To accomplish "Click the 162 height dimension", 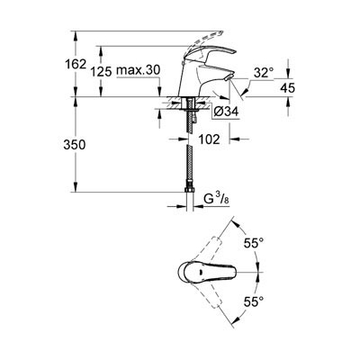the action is pyautogui.click(x=76, y=64).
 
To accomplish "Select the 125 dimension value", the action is pyautogui.click(x=101, y=71).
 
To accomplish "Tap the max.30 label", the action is pyautogui.click(x=139, y=70).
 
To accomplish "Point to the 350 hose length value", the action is pyautogui.click(x=75, y=145).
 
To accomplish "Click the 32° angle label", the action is pyautogui.click(x=264, y=73).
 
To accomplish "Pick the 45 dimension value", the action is pyautogui.click(x=288, y=88).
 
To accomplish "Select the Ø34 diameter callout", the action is pyautogui.click(x=227, y=112).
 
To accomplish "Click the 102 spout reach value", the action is pyautogui.click(x=209, y=139).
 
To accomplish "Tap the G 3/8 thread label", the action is pyautogui.click(x=217, y=199).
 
